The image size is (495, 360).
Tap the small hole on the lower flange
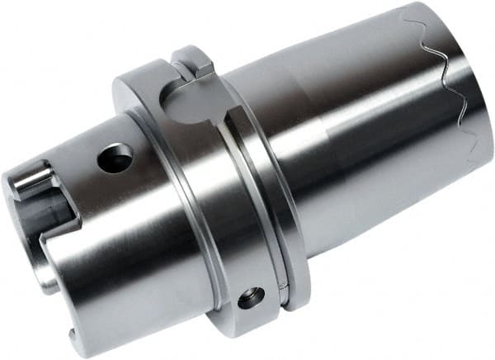tap(252, 297)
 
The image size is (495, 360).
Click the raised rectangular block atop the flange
tap(193, 60)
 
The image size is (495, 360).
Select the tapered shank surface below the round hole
tap(124, 248)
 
